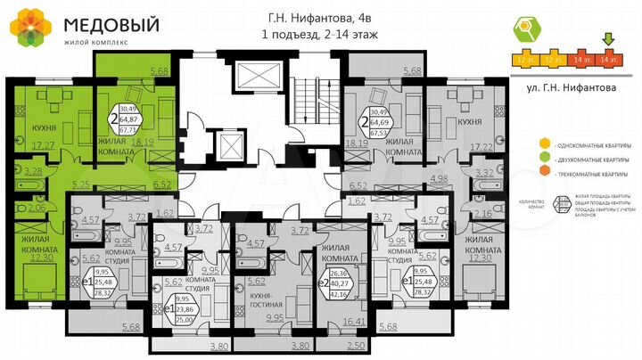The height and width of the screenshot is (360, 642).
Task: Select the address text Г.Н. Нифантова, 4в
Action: [320, 17]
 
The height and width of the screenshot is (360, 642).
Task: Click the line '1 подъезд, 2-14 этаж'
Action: [320, 35]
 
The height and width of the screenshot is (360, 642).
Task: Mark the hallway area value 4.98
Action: [438, 180]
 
